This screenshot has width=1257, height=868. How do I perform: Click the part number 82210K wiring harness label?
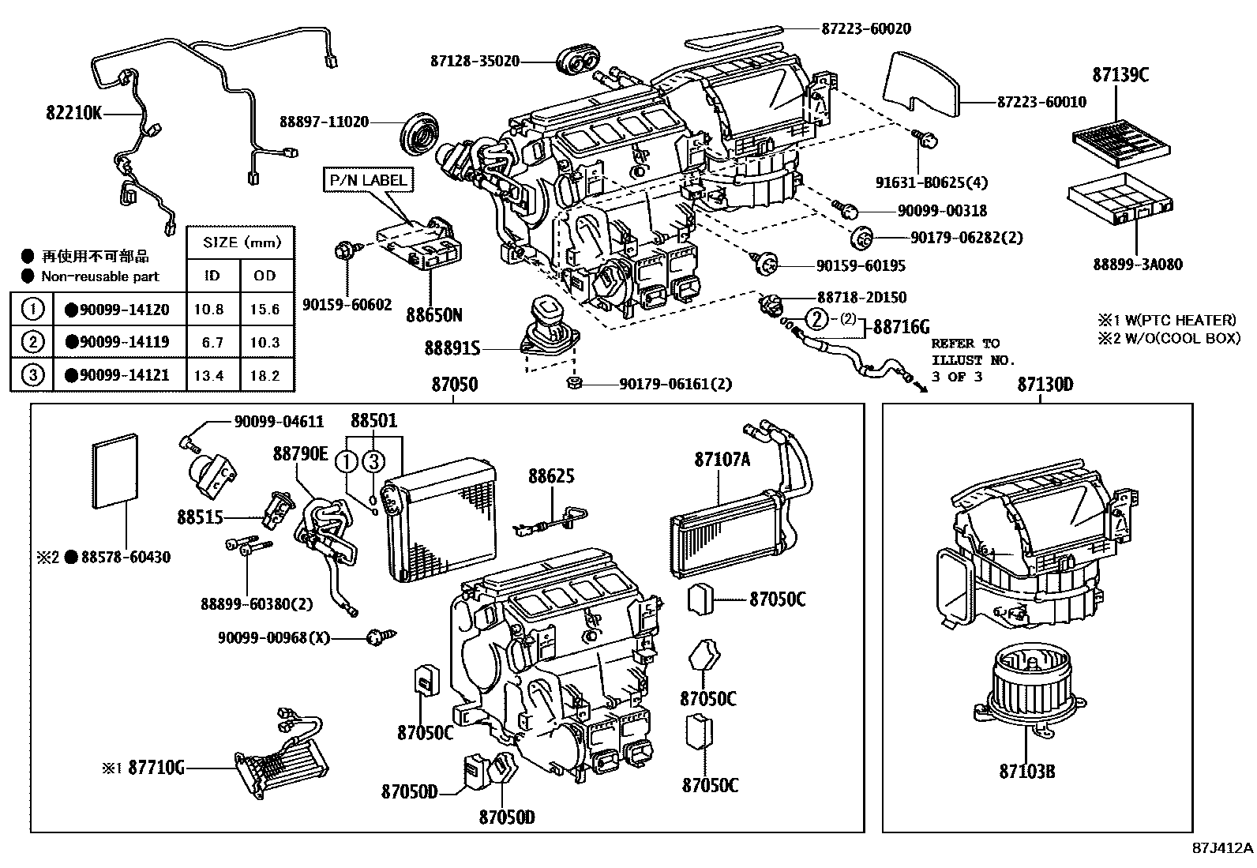(x=73, y=113)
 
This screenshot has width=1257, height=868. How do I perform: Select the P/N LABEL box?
(x=368, y=180)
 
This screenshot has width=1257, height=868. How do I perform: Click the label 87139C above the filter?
(x=1120, y=75)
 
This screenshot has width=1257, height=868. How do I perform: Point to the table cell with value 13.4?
(x=208, y=375)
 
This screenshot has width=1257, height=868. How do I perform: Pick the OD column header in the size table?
(x=265, y=275)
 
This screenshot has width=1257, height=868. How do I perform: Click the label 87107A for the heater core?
(x=722, y=459)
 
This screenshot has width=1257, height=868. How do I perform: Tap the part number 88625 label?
(x=551, y=476)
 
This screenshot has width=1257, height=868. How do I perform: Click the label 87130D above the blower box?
(x=1045, y=385)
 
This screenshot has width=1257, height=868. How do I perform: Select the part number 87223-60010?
(x=1041, y=102)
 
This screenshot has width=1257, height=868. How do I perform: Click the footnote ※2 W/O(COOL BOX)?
(x=1167, y=338)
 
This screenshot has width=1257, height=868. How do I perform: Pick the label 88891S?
(x=452, y=348)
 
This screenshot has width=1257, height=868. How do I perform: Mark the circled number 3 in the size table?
(x=32, y=374)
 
